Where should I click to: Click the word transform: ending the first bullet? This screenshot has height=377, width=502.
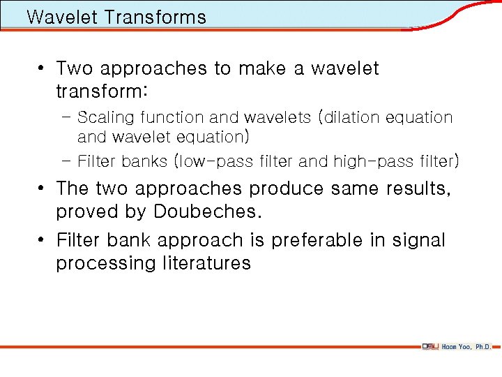102,92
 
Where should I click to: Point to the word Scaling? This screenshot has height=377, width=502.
106,117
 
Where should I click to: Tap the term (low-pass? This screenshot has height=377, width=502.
208,161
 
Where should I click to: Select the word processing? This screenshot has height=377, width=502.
106,264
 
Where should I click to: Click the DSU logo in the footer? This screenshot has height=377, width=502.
429,346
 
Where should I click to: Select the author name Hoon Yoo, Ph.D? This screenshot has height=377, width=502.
466,346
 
